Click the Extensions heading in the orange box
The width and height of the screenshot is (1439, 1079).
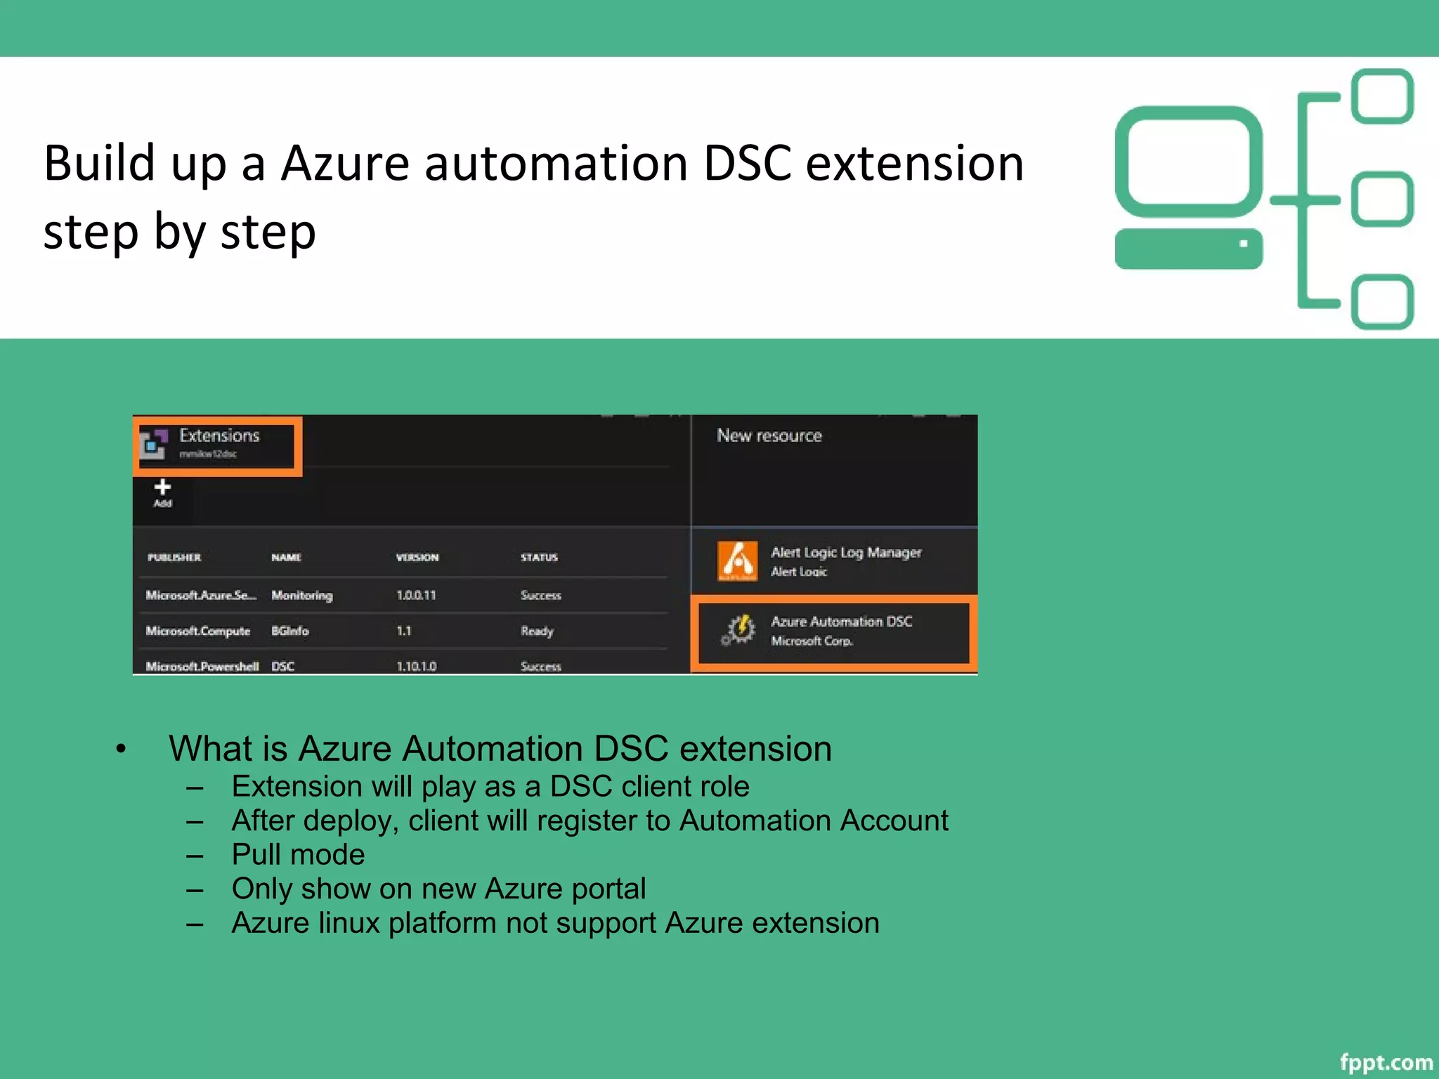219,436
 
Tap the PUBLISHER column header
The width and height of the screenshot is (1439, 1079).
174,557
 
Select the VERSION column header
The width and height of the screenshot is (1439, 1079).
417,557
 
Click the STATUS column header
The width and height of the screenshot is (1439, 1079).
539,557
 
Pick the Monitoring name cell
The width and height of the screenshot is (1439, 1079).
301,595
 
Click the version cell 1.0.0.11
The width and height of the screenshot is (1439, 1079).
416,595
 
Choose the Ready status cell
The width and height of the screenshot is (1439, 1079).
537,631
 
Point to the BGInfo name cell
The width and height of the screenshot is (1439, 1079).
289,631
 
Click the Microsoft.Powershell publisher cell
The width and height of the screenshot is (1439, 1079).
202,666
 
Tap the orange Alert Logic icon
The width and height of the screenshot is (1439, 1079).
737,561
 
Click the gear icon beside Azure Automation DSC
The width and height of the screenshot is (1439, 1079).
738,629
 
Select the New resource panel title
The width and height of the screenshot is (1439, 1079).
769,436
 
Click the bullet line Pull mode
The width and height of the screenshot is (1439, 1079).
298,854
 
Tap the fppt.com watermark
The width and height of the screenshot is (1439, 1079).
1386,1061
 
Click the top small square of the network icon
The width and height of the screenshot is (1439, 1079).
1382,96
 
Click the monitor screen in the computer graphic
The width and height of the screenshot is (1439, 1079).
1188,162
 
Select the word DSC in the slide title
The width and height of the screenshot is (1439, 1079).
746,163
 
